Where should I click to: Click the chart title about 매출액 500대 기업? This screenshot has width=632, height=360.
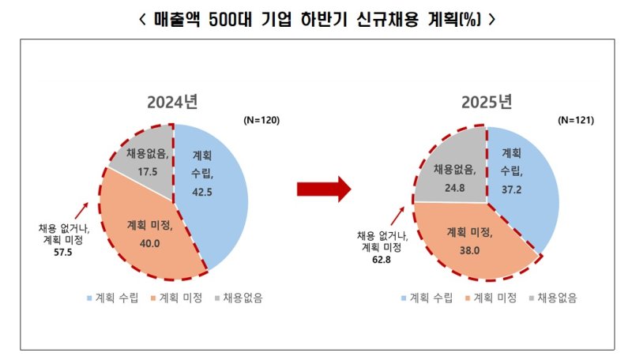316,18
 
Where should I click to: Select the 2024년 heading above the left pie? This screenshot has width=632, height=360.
171,102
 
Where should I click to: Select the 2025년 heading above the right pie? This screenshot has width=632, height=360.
487,102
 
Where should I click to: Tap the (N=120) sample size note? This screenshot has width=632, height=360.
261,121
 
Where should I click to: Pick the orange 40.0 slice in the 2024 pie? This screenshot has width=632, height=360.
150,233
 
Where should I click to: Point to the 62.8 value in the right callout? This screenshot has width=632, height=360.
379,257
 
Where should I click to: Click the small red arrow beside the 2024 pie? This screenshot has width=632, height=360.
81,209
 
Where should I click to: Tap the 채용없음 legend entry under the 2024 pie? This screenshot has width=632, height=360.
237,298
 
